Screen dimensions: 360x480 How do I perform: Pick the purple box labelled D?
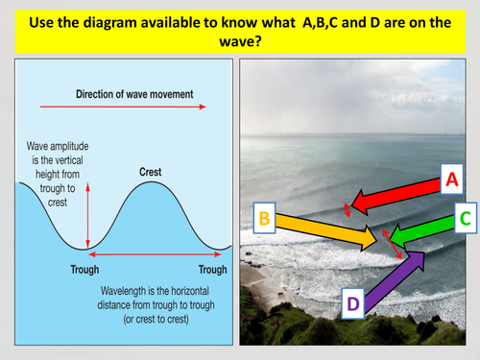352,304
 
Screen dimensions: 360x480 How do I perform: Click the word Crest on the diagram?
150,172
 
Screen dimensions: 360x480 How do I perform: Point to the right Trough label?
212,269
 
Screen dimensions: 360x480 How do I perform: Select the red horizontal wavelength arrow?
150,253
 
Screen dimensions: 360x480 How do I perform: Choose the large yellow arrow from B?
326,228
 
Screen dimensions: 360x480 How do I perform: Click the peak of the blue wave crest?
150,184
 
